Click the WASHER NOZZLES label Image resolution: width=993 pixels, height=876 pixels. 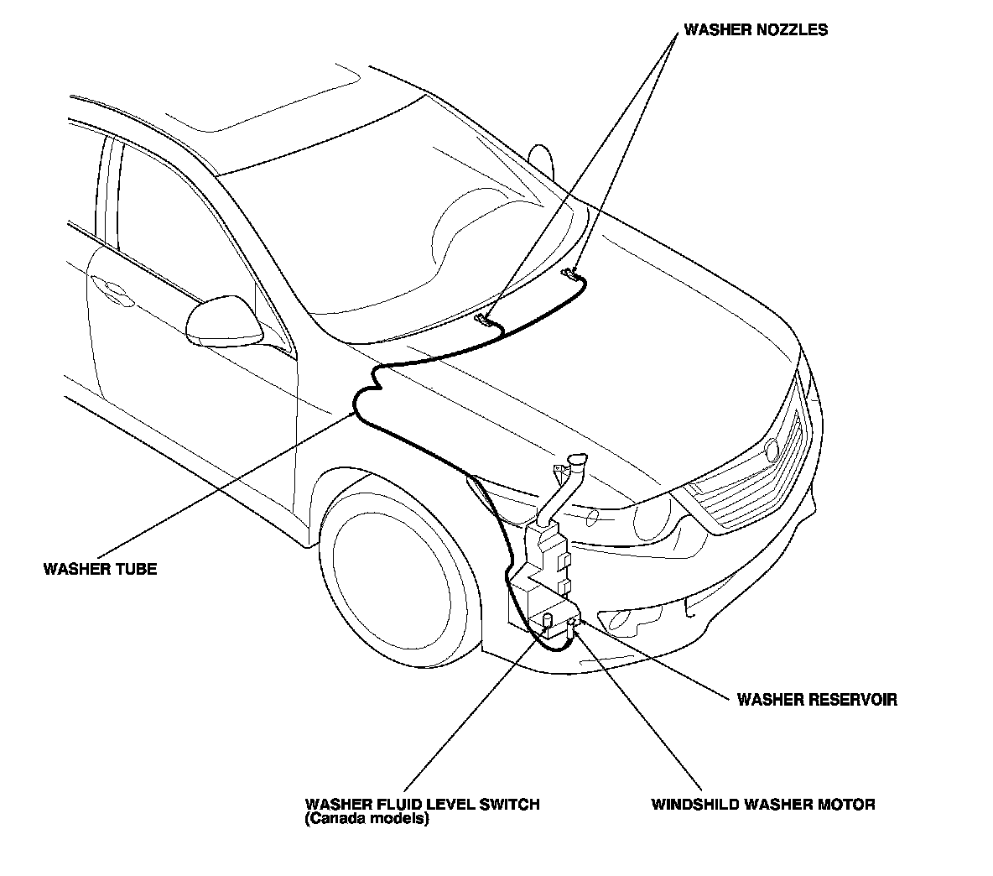click(756, 30)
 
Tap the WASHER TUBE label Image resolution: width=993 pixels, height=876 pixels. click(100, 569)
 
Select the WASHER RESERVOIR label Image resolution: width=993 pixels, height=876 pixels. click(816, 699)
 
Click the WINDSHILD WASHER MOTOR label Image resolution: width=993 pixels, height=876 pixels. click(763, 804)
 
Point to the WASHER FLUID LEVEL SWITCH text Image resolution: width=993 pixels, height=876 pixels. click(422, 804)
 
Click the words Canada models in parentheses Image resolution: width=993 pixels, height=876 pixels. click(367, 819)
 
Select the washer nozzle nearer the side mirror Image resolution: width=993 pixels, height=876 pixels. click(484, 319)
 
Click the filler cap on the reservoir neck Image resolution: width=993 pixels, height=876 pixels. click(574, 462)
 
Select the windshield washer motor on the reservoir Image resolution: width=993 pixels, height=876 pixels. click(573, 625)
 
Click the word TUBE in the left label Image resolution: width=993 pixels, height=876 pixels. click(137, 569)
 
